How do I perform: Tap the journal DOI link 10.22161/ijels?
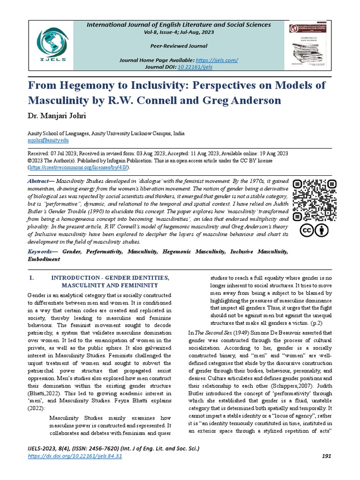click(x=195, y=67)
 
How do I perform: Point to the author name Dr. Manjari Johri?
click(x=58, y=115)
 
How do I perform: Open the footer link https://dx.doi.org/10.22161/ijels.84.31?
click(x=75, y=456)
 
